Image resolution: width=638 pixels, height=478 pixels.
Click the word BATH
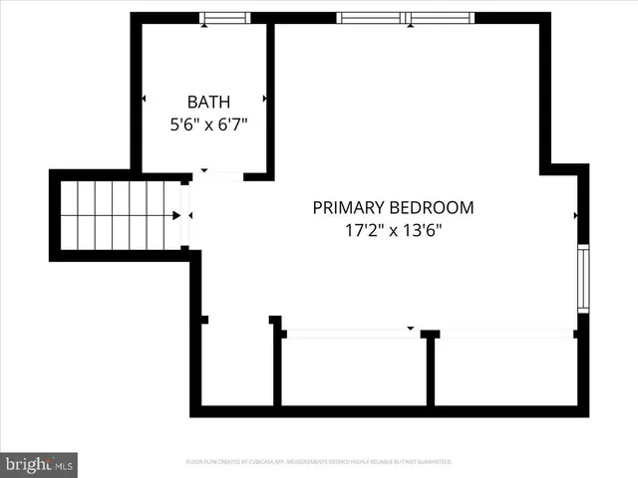[208, 102]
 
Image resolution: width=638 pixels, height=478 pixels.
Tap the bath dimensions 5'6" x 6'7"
[208, 125]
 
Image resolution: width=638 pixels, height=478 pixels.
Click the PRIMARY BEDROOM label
[393, 208]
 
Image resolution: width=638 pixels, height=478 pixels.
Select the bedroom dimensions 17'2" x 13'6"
[393, 231]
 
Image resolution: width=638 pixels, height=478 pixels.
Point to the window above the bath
[224, 18]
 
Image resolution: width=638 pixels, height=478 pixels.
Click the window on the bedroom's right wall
[583, 278]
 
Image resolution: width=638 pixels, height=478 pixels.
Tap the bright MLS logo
[39, 464]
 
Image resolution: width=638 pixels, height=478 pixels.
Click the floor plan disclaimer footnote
[319, 462]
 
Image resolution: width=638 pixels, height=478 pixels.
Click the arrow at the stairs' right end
[176, 214]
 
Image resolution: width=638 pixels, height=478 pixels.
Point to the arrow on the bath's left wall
[145, 99]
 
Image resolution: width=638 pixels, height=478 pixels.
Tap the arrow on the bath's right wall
[265, 99]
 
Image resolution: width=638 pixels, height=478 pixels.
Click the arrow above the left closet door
[410, 328]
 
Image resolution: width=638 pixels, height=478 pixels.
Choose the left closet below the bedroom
[353, 370]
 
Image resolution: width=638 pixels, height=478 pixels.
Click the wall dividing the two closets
[431, 370]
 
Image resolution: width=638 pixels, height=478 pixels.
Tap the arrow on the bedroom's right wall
[576, 214]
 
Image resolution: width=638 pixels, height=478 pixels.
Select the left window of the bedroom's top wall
[371, 18]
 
